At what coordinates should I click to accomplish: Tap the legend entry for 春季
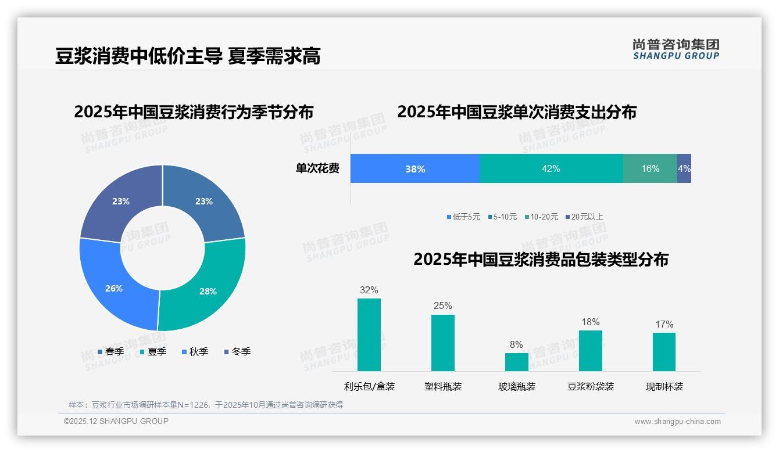110,351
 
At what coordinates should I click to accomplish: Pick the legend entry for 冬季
237,351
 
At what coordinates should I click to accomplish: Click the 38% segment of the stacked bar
415,169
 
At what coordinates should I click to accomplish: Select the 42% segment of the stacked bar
551,169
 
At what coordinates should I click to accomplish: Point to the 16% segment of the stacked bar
650,169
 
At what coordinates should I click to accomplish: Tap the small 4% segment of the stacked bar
684,169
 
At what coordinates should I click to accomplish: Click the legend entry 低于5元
463,217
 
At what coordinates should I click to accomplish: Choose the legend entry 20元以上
584,217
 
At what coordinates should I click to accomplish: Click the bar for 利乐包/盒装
369,335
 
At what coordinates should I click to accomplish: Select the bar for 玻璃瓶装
516,362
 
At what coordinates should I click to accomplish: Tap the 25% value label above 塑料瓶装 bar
442,306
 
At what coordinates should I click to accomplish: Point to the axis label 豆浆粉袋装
591,386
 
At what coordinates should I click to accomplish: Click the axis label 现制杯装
664,386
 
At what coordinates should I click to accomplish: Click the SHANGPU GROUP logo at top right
676,49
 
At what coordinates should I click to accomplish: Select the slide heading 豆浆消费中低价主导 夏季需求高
188,56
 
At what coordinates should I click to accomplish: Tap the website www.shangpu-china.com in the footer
677,422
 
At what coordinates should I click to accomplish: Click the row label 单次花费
317,169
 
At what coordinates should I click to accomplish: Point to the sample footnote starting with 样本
206,405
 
